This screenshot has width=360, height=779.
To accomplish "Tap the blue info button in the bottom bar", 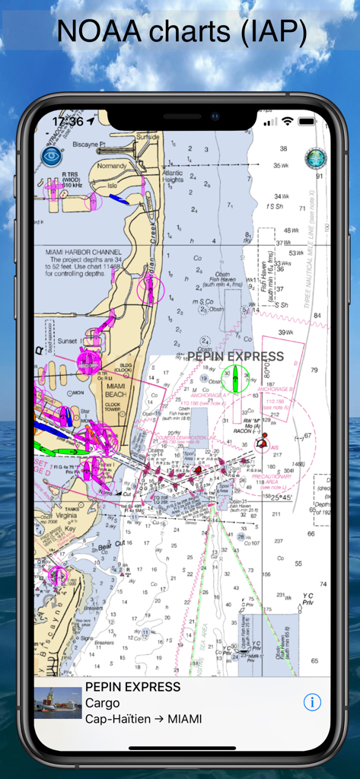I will click(x=312, y=702).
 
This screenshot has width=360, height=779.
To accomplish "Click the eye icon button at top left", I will click(x=52, y=157).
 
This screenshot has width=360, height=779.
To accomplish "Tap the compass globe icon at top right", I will click(x=314, y=157).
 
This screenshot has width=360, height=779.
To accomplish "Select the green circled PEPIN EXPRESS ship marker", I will click(x=235, y=375).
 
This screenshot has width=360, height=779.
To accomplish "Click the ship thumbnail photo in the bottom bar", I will click(x=58, y=703).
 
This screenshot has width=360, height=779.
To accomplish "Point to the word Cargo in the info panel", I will click(x=102, y=703).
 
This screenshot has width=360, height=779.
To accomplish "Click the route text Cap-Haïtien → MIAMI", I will click(x=143, y=718).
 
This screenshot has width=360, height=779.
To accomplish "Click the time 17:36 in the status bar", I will click(x=68, y=121).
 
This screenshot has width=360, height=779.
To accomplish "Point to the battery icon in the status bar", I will click(x=307, y=121).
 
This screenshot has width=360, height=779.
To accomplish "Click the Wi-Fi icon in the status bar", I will click(x=287, y=121).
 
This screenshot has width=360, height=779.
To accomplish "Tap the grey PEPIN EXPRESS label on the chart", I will click(x=235, y=356).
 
